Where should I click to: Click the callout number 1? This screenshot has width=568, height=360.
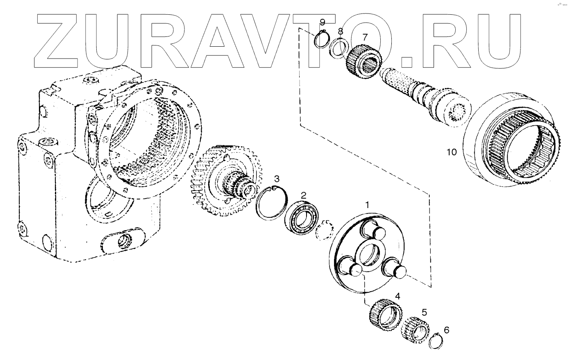[x=368, y=204]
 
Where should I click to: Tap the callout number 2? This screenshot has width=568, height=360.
[x=303, y=195]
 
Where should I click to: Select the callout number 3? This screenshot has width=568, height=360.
[x=277, y=179]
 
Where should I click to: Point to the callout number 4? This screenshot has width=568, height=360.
[x=397, y=296]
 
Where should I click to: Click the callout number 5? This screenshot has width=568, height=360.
[x=424, y=312]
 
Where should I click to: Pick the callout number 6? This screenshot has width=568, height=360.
[x=446, y=329]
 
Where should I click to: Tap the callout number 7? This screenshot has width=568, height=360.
[x=365, y=37]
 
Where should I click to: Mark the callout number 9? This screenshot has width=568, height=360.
[x=323, y=22]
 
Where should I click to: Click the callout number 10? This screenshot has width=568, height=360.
[x=451, y=152]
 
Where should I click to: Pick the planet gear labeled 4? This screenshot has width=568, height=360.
[x=384, y=315]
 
